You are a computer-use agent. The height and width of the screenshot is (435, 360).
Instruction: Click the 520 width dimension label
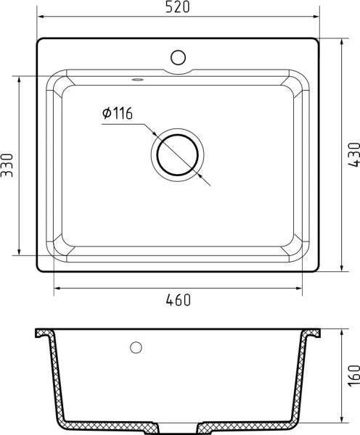[x=178, y=8]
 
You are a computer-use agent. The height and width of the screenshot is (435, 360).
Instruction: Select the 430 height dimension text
[x=353, y=155]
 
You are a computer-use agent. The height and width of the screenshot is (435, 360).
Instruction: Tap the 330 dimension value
[x=7, y=166]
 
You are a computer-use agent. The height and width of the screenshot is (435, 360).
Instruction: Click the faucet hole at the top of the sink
[x=178, y=56]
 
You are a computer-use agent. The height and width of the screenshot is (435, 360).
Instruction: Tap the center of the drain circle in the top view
[x=178, y=154]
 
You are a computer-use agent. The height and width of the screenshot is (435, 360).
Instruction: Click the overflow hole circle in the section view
[x=135, y=347]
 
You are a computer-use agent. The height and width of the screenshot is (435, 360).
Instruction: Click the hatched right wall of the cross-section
[x=300, y=381]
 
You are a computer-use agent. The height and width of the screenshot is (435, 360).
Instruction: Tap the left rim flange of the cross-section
[x=43, y=334]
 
